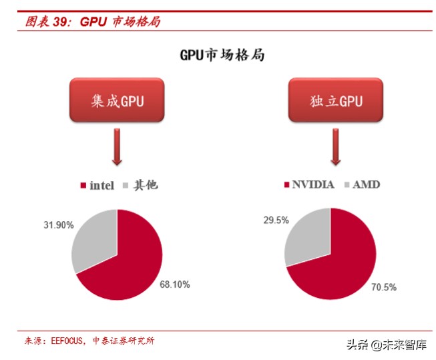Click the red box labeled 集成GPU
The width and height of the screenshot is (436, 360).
[118, 101]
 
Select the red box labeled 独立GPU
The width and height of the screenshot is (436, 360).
[336, 101]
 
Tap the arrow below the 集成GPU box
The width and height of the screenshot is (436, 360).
[118, 148]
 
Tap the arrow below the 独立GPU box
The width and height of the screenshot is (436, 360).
[336, 148]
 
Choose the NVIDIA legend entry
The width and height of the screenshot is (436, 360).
[308, 184]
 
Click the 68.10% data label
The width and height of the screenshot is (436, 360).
[174, 285]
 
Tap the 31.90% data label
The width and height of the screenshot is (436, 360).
[59, 225]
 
